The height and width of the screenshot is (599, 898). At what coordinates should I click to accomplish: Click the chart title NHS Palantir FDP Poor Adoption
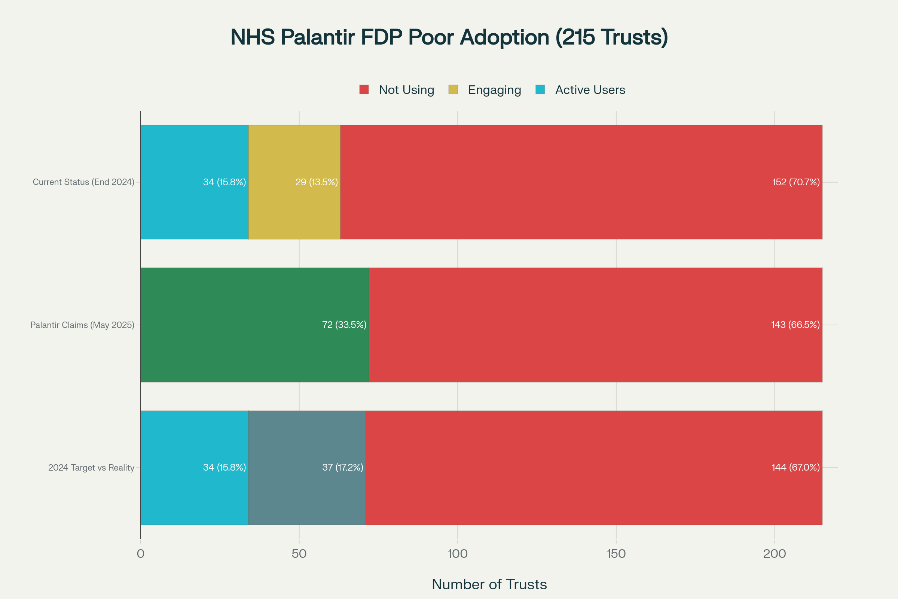(x=449, y=37)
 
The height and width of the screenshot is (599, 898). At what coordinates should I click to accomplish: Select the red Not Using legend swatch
(x=364, y=90)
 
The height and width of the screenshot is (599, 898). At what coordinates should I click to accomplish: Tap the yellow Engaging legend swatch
(x=453, y=90)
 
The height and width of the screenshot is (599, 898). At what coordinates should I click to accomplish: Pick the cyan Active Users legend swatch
(x=540, y=90)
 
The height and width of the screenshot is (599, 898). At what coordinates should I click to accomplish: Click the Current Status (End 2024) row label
(x=83, y=182)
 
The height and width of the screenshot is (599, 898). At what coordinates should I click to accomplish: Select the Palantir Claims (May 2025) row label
(x=82, y=325)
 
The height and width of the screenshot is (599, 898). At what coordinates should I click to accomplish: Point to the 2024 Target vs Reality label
(x=91, y=468)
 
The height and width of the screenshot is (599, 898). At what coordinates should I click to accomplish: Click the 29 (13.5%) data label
(x=317, y=182)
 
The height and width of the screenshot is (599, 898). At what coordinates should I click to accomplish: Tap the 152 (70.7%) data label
(x=796, y=182)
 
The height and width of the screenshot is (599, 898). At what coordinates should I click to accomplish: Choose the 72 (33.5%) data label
(x=344, y=325)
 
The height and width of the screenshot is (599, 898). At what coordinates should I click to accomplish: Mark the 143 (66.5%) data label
(x=795, y=325)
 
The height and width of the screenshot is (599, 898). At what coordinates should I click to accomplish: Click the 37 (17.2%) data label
(x=342, y=468)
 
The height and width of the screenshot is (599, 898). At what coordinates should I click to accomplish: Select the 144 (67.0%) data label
(x=795, y=468)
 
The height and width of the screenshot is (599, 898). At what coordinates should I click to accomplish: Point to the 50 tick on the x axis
(x=299, y=554)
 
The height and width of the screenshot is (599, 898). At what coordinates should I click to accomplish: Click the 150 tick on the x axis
(x=616, y=554)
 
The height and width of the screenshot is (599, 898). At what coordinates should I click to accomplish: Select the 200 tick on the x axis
(x=774, y=554)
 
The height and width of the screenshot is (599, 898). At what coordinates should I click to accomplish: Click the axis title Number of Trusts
(x=489, y=584)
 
